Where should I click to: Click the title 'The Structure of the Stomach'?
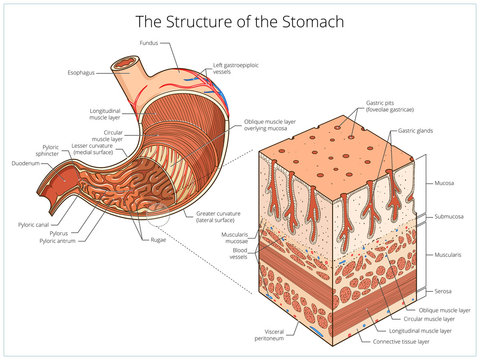click(x=240, y=20)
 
